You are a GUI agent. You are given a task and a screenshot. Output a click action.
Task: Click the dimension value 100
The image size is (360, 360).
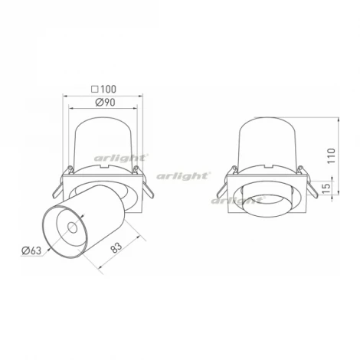point(108,89)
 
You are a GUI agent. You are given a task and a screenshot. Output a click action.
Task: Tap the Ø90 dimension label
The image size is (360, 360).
point(105,103)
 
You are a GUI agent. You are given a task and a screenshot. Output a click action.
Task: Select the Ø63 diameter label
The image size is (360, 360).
point(31,250)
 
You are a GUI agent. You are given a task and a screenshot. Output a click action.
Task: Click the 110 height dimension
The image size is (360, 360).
point(331,155)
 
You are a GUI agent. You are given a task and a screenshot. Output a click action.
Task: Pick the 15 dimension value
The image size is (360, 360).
point(326,188)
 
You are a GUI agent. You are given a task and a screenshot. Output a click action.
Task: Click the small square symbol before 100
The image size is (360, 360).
point(95,90)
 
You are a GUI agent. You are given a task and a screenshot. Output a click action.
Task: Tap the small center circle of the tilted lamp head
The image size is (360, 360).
point(72,227)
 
